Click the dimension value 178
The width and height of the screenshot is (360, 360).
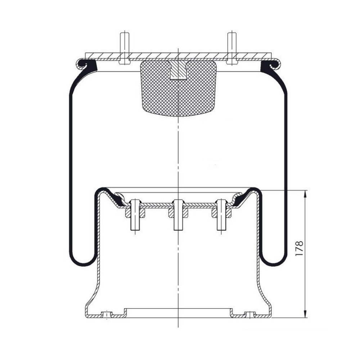(x=300, y=248)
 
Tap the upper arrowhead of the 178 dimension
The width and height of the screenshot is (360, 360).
(x=305, y=194)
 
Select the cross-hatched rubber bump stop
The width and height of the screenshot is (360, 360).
(x=179, y=89)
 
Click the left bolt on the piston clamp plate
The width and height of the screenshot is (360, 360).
(x=135, y=215)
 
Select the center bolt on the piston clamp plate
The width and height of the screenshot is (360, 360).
(x=179, y=215)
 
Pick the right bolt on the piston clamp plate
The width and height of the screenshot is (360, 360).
(x=222, y=215)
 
